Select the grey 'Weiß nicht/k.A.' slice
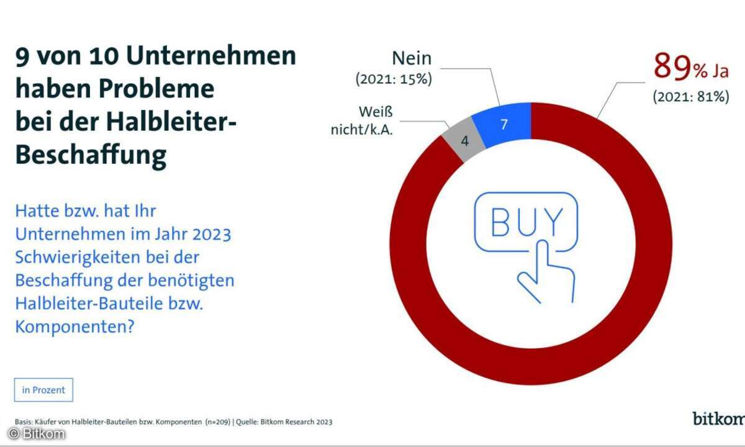pos(464,140)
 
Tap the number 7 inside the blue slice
pos(504,124)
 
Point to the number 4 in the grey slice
pos(465,141)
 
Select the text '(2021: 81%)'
pos(691,97)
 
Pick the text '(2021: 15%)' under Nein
pos(394,79)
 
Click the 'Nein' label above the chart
pos(412,58)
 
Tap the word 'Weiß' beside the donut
pos(376,112)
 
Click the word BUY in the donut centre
pos(527,222)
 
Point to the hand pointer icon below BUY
pos(546,271)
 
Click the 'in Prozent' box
pos(43,390)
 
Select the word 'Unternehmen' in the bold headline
pos(211,55)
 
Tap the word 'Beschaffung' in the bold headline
pos(91,156)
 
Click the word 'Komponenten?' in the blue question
pos(75,327)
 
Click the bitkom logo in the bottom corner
pos(718,418)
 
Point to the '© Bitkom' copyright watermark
pos(37,434)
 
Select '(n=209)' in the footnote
pos(218,422)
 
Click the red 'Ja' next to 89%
pos(720,71)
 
